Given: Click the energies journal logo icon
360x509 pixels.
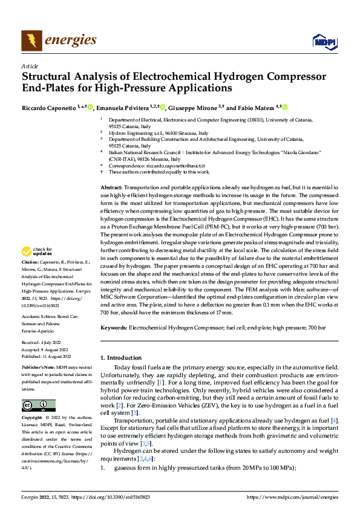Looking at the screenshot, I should coord(31,41).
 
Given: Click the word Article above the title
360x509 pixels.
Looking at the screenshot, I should coord(30,66).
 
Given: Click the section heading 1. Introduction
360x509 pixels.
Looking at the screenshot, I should coord(123,358).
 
